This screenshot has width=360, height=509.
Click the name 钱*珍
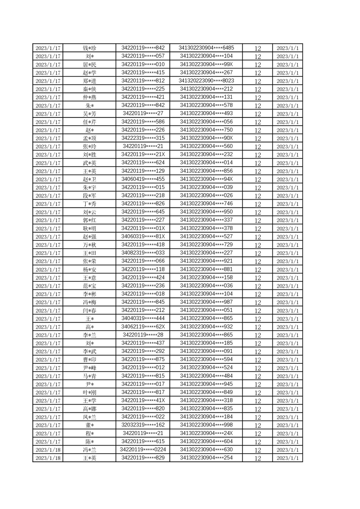click(89, 48)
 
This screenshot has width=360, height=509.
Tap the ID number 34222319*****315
click(143, 138)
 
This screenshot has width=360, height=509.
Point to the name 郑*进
click(89, 81)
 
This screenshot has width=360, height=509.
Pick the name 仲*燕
click(89, 97)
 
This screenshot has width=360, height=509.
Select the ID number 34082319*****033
click(143, 253)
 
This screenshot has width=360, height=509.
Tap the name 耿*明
click(89, 228)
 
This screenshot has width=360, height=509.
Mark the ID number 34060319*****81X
click(143, 236)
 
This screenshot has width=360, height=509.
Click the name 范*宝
click(89, 286)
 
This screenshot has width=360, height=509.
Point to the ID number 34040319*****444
click(143, 318)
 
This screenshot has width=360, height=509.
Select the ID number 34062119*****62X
click(143, 327)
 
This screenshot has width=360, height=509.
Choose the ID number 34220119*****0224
click(143, 450)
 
